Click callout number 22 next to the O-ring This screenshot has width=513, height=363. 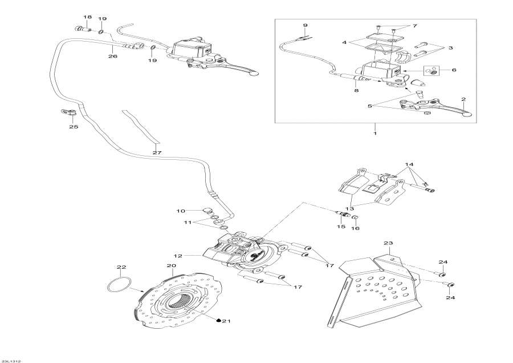point(120,267)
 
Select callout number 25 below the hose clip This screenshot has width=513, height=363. point(73,126)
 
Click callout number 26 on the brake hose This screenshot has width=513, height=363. point(112,56)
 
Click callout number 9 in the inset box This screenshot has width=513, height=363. point(305,25)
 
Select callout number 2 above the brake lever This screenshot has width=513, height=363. point(463,99)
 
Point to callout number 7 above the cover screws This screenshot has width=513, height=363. point(415,26)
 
